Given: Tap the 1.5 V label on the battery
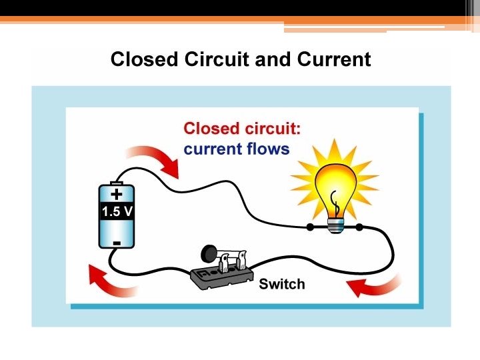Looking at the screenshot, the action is click(117, 212).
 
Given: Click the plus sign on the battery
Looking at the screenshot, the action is click(117, 195).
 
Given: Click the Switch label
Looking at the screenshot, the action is click(281, 284).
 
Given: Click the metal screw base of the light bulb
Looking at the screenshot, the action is click(336, 224).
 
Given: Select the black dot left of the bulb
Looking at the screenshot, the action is click(310, 228).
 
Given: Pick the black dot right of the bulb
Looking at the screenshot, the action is click(359, 228).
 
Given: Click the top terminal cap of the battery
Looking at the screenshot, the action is click(117, 183).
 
